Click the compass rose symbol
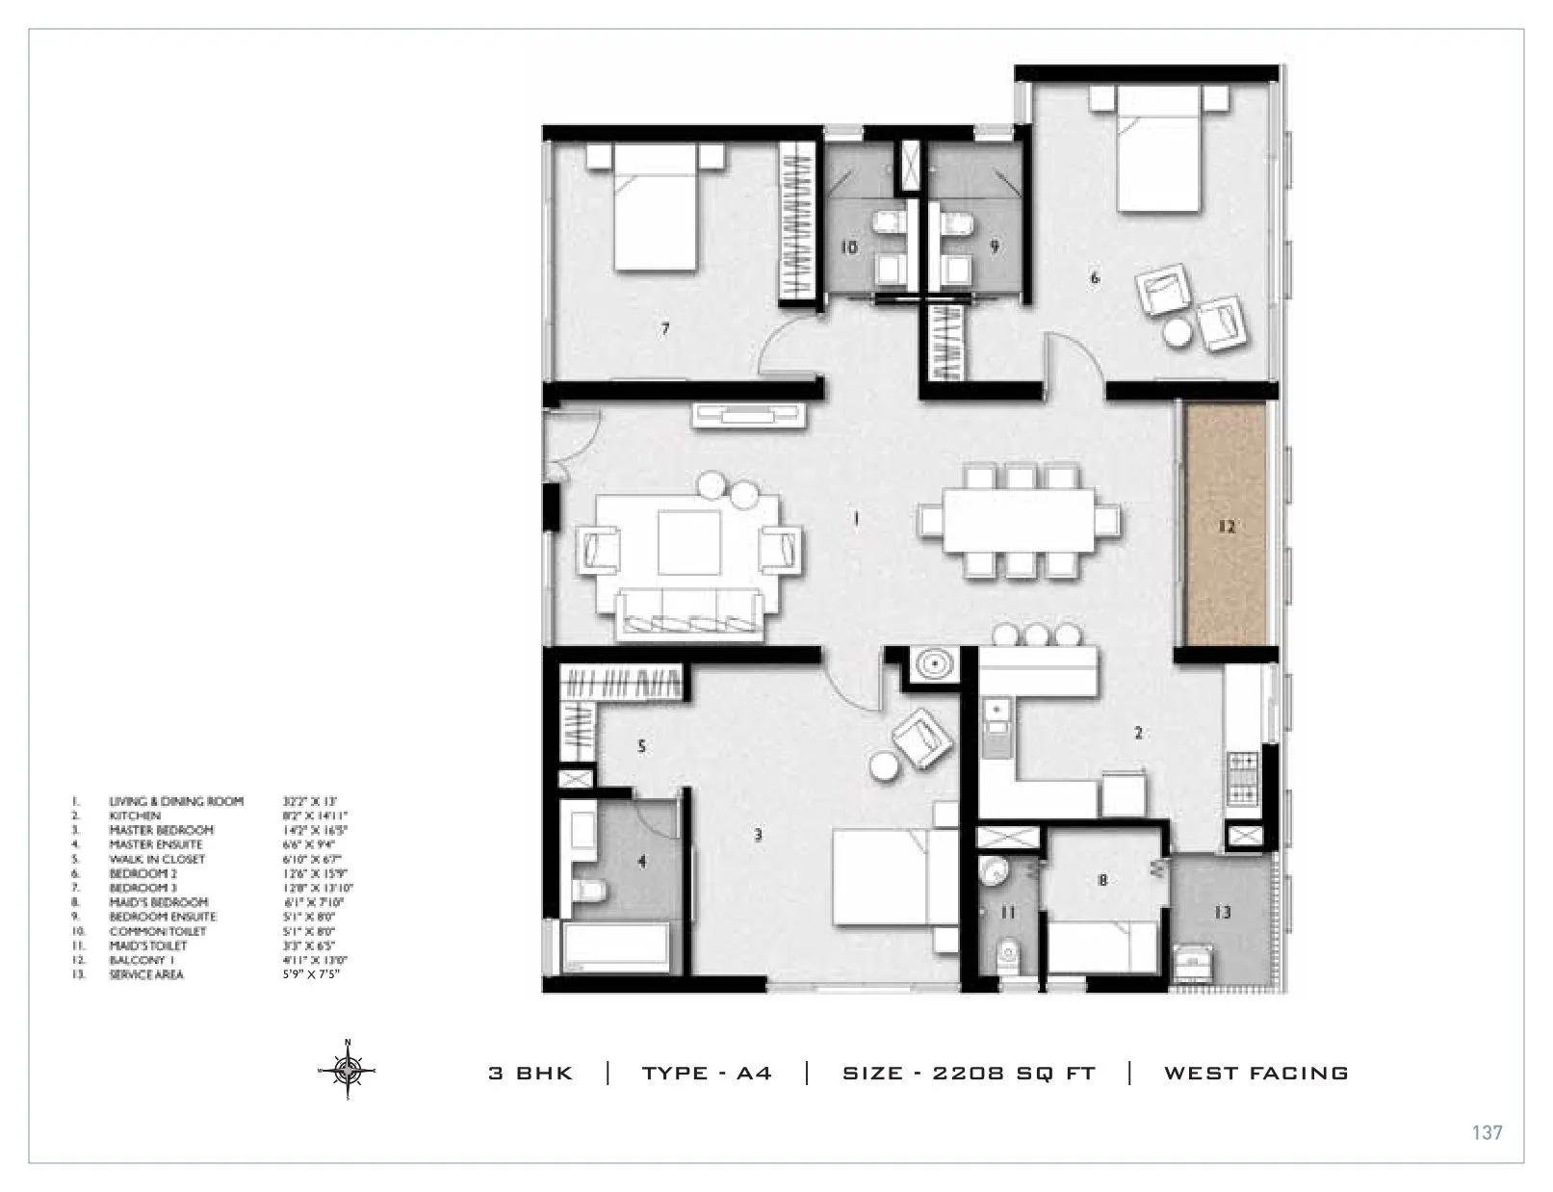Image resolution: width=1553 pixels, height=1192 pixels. coord(348,1070)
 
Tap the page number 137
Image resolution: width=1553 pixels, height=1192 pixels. coord(1487,1132)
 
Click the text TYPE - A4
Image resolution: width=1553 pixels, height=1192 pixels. coord(707,1073)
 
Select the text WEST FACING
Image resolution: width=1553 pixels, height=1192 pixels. coord(1255,1073)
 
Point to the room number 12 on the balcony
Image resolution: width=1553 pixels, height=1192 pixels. coord(1226,527)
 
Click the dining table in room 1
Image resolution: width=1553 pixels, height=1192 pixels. coord(1019,520)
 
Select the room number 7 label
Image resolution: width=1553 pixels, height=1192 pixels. coord(664,329)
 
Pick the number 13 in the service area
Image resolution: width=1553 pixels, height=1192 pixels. coord(1222,912)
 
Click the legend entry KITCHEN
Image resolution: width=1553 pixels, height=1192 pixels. coord(135,816)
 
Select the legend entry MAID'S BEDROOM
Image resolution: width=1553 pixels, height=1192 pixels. coord(158,902)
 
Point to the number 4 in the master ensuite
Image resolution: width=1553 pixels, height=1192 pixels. coord(642,862)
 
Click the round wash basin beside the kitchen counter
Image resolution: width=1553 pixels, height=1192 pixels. coord(932,663)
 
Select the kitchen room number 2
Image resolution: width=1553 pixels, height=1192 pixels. coord(1138,733)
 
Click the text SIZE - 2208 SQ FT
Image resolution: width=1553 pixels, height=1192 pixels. coord(969,1073)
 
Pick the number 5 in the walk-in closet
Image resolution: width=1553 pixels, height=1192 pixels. coord(641,746)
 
